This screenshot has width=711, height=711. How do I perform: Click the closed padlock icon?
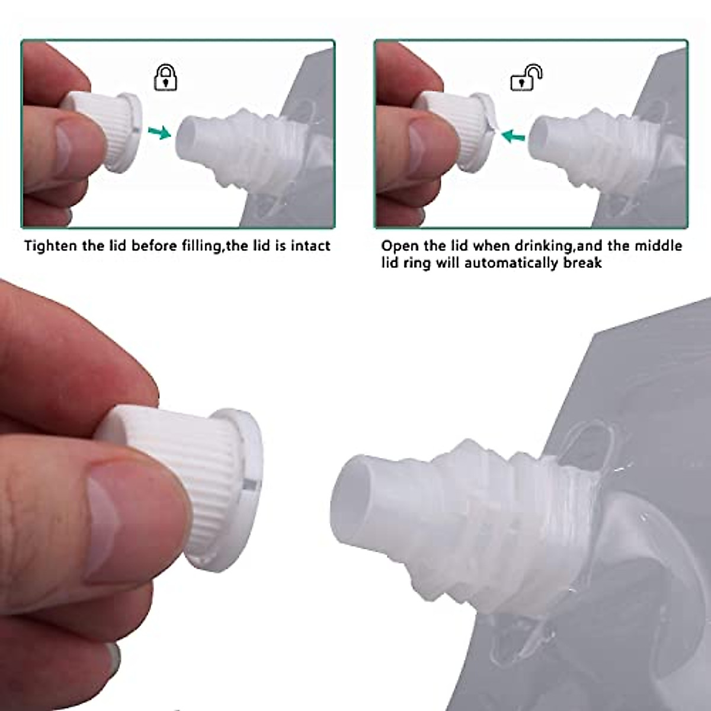[165, 78]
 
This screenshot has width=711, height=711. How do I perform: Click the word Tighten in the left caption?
[51, 245]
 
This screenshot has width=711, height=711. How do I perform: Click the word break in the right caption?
[582, 262]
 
